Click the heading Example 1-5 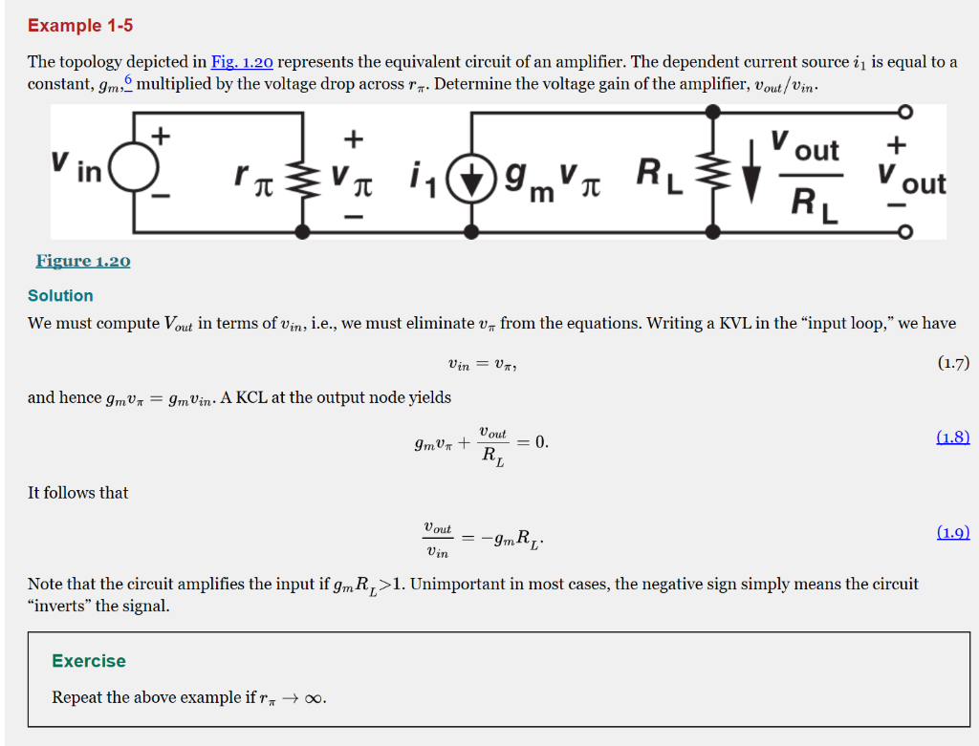[x=80, y=26]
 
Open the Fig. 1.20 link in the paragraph [x=242, y=62]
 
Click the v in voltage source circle [x=133, y=173]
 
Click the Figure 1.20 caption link [x=83, y=261]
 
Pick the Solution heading [x=60, y=296]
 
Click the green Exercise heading [x=89, y=661]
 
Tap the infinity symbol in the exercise [x=315, y=698]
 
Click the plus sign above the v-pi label [x=354, y=139]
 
